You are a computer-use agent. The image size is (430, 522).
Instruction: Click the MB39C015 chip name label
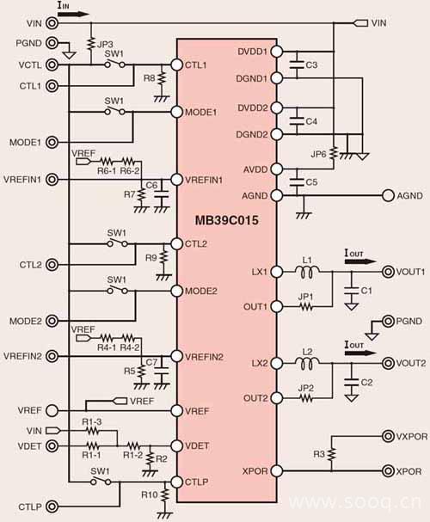[x=227, y=220]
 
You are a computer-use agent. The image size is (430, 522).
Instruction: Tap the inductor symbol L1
[x=307, y=272]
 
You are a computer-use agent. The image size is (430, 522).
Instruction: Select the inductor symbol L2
[x=307, y=363]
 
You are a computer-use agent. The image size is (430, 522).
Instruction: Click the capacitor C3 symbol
[x=297, y=64]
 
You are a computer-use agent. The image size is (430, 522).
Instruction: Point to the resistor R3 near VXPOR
[x=331, y=454]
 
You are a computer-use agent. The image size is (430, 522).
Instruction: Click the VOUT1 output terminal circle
[x=388, y=272]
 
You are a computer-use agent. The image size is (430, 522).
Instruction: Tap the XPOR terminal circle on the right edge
[x=388, y=470]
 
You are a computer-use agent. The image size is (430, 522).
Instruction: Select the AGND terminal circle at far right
[x=388, y=195]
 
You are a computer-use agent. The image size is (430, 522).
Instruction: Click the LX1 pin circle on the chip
[x=277, y=272]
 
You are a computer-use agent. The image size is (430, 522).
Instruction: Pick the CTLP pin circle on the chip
[x=176, y=482]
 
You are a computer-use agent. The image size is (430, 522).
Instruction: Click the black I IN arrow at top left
[x=73, y=14]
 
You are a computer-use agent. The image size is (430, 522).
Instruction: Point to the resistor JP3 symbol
[x=90, y=44]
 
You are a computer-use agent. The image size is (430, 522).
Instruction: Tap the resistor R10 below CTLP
[x=164, y=495]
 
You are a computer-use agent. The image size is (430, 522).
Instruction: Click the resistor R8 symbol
[x=162, y=78]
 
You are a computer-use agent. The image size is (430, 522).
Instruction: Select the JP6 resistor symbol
[x=334, y=154]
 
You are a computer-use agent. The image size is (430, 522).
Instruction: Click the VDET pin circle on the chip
[x=176, y=445]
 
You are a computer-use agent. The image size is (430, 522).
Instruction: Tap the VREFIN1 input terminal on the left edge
[x=52, y=180]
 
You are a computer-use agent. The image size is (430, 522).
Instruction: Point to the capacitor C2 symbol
[x=351, y=382]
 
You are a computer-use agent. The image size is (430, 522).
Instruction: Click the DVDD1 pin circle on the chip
[x=277, y=52]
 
